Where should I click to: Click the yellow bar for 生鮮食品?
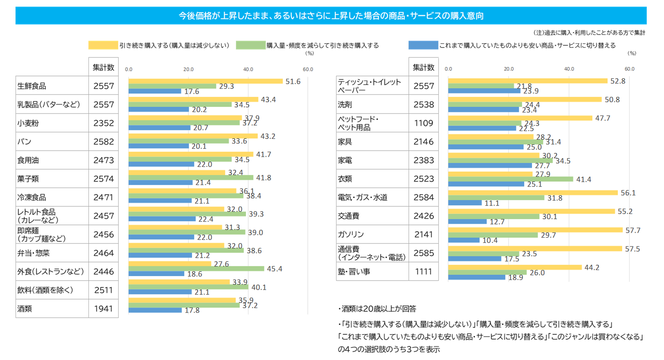(x=205, y=81)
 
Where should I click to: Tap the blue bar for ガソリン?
(x=464, y=240)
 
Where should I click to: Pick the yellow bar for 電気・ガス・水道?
(x=533, y=193)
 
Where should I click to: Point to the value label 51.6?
(x=293, y=81)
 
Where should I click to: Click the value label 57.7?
(x=633, y=231)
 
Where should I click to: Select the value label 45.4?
(x=274, y=269)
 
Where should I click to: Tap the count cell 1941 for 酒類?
(x=104, y=309)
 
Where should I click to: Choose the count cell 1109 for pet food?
(x=424, y=123)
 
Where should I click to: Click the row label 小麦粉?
(x=28, y=123)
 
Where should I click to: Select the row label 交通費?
(x=349, y=216)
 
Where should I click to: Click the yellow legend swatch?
(x=103, y=45)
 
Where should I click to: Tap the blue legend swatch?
(x=423, y=45)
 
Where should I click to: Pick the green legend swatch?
(x=250, y=45)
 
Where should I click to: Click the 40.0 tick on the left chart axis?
(x=248, y=69)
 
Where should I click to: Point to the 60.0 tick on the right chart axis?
(x=629, y=69)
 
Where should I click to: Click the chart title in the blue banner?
(x=331, y=16)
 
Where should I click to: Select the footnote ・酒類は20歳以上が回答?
(x=377, y=309)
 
